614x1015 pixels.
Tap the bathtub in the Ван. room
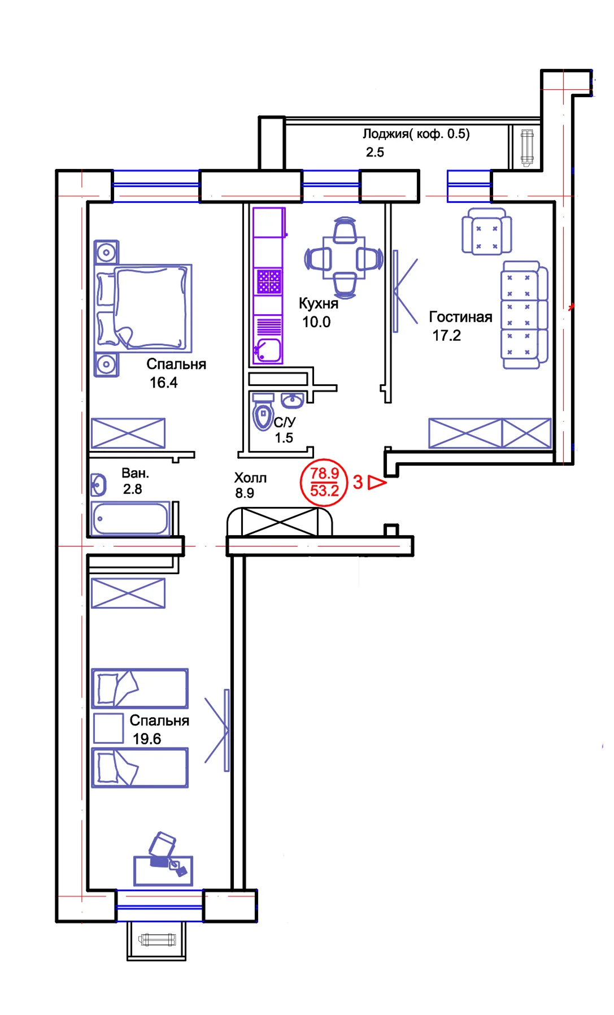(x=130, y=518)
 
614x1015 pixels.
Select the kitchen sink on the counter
(x=268, y=350)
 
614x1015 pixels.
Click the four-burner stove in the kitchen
(x=268, y=281)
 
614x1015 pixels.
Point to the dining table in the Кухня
(x=344, y=258)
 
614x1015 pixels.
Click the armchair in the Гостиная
(x=487, y=231)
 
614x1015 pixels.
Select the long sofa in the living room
(x=525, y=315)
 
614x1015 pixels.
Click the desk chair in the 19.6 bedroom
(x=162, y=844)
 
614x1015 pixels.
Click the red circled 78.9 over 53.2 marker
(x=324, y=482)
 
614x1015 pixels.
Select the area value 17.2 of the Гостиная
(x=446, y=336)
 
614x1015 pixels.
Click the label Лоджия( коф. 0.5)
(x=416, y=134)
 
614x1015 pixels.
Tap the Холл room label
(x=250, y=478)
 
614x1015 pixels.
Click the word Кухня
(x=319, y=303)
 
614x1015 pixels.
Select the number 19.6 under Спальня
(x=147, y=739)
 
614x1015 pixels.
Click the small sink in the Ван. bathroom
(x=99, y=485)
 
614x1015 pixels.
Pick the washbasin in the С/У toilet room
(x=292, y=401)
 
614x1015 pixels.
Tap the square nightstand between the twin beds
(x=108, y=728)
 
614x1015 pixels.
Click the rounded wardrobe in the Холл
(x=280, y=522)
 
